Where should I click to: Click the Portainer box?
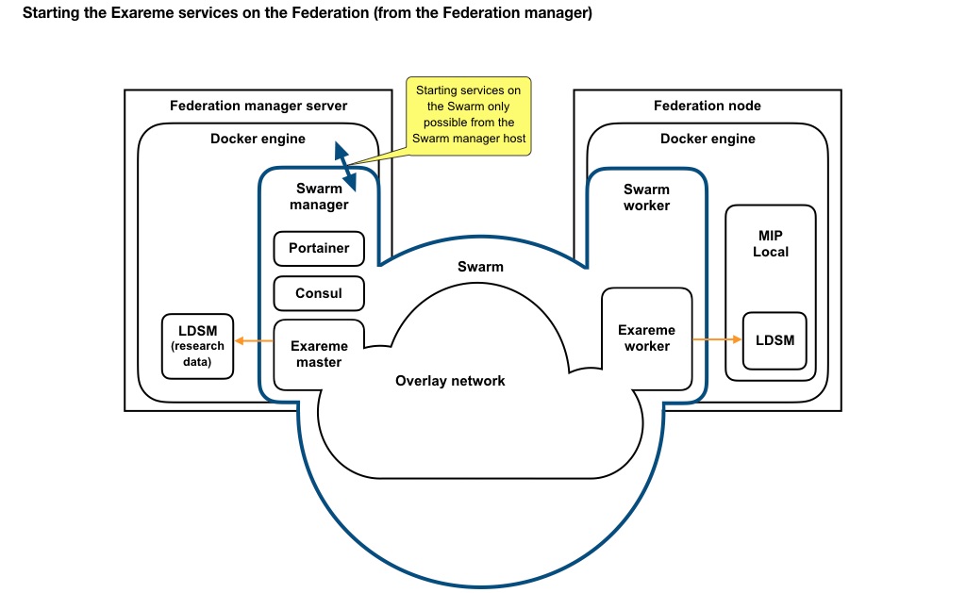(319, 248)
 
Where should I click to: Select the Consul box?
(319, 293)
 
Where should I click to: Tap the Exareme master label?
(319, 354)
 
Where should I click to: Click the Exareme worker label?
(646, 338)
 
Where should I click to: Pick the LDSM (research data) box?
(197, 346)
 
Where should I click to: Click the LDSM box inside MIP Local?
(774, 339)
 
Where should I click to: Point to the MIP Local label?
(771, 243)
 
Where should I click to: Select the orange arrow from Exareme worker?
(717, 339)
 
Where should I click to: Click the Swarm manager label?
(319, 196)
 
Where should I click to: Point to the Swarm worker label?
(646, 197)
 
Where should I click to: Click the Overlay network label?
(450, 381)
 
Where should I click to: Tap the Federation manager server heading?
(258, 106)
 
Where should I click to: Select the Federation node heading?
(707, 106)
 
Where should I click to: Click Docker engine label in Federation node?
(708, 139)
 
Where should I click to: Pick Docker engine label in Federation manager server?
(258, 139)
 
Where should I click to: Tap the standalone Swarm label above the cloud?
(480, 267)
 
